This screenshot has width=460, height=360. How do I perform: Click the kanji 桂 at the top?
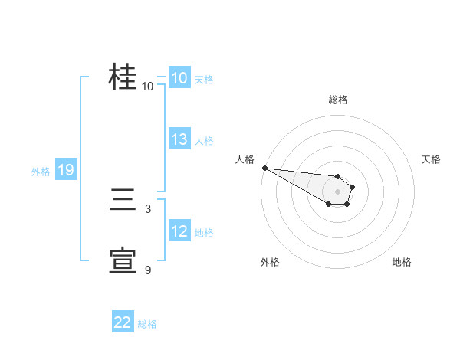click(123, 77)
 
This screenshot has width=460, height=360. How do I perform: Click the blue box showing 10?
click(179, 78)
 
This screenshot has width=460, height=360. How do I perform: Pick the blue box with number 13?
click(179, 139)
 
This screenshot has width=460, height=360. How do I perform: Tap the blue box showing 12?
click(179, 231)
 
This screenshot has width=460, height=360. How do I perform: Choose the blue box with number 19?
click(66, 170)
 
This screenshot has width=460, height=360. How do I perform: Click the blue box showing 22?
click(123, 323)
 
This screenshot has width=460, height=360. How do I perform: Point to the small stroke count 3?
click(147, 208)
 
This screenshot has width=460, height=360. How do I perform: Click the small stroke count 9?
click(147, 270)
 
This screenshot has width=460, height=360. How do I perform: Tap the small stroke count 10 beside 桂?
click(147, 86)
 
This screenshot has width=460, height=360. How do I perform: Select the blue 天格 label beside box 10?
click(204, 79)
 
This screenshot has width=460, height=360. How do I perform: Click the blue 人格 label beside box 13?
click(204, 140)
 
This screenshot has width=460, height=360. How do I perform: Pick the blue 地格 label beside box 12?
click(204, 232)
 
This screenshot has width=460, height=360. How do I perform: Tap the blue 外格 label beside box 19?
click(41, 172)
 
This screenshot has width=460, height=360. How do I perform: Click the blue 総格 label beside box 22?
click(147, 324)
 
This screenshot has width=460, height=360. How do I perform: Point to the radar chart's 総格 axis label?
click(337, 100)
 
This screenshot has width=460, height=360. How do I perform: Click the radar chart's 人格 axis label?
click(245, 159)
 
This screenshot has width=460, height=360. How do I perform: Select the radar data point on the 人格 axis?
click(264, 168)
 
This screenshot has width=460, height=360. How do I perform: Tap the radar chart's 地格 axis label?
click(402, 262)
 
